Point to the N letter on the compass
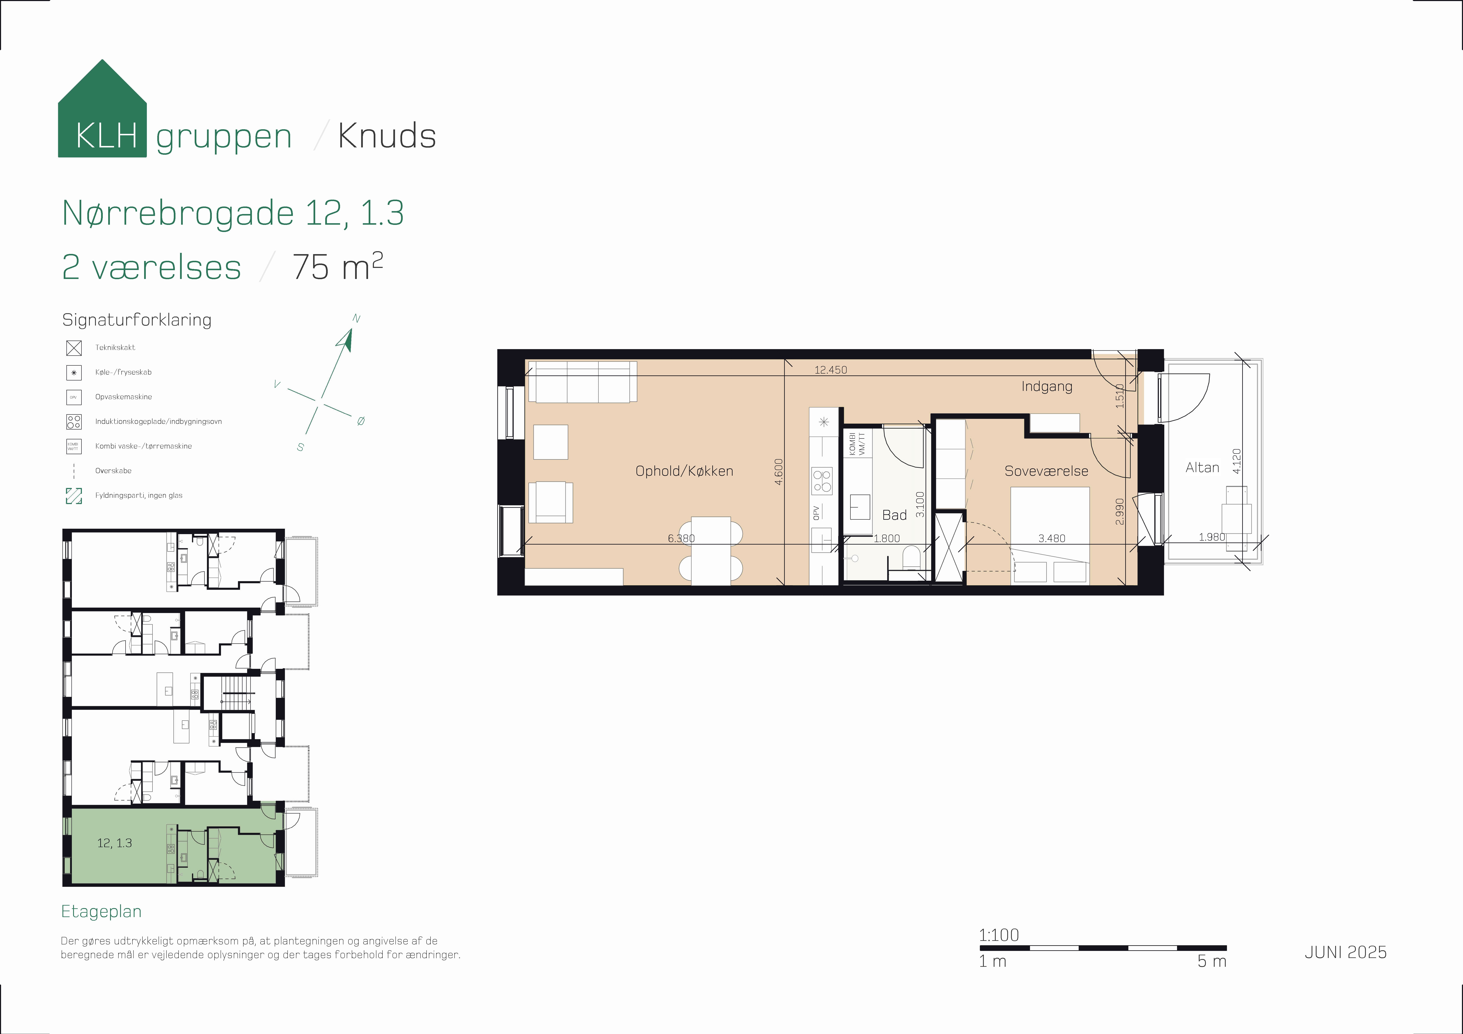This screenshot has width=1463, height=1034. coord(356,319)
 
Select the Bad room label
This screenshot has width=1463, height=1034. coord(894,515)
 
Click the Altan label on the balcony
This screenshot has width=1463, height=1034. coord(1202,468)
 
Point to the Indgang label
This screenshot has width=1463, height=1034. coord(1046,386)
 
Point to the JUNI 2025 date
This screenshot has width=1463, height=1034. coord(1345,952)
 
